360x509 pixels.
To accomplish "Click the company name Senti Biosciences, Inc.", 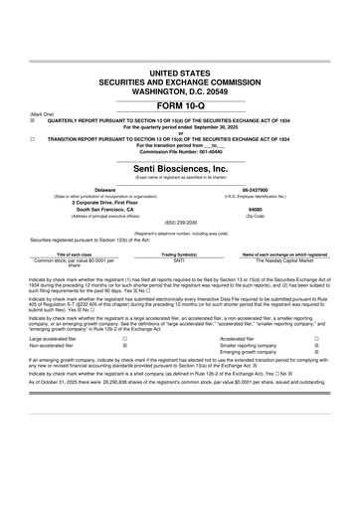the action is [x=179, y=169].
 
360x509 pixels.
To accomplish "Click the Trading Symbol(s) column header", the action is [x=180, y=254].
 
